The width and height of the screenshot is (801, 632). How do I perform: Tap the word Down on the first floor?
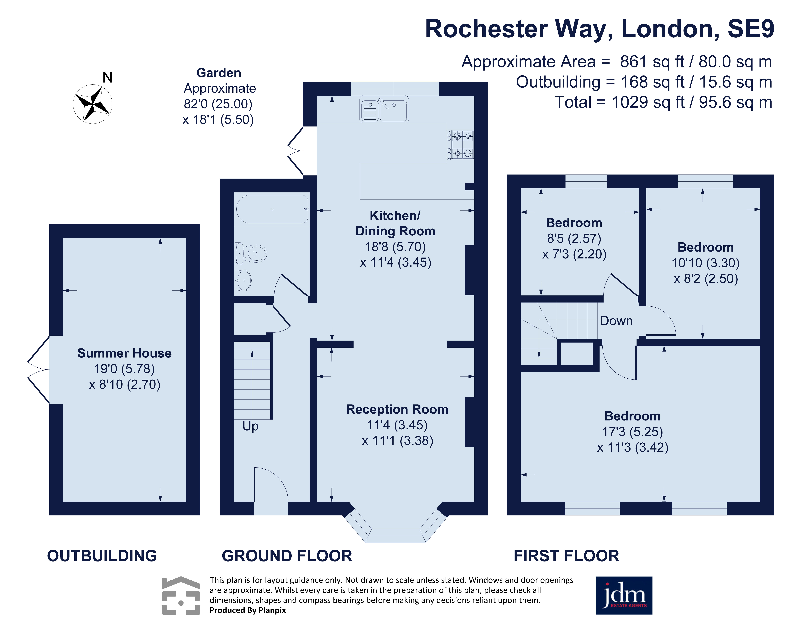616,321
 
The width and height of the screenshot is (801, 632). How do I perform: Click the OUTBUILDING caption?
102,556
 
